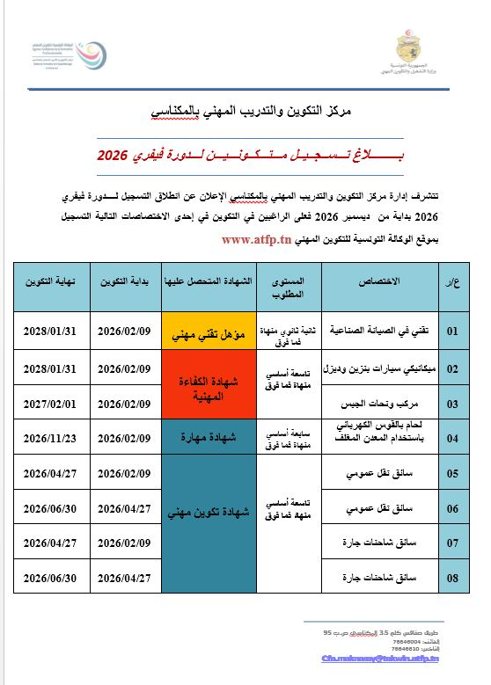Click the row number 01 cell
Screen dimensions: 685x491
point(453,332)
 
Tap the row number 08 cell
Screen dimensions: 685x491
point(453,578)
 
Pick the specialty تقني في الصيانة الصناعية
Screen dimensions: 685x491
point(380,332)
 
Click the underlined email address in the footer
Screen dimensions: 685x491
point(381,657)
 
